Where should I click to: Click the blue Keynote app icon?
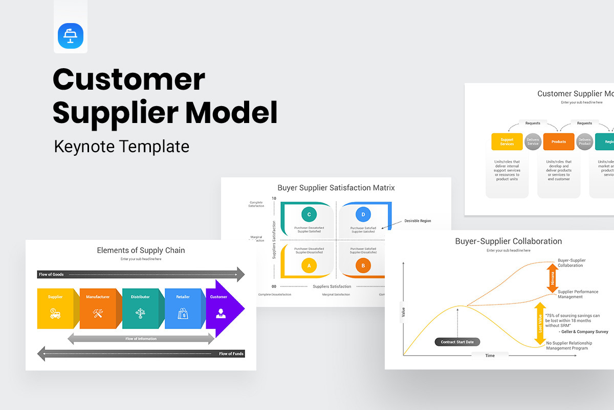[x=71, y=36]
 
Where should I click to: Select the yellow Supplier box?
[x=55, y=309]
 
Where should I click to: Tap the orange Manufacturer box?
[x=98, y=309]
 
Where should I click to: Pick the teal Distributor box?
[x=140, y=309]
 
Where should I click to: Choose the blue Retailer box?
[x=183, y=309]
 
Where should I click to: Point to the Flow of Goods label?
[x=51, y=275]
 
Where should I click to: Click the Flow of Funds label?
[x=231, y=354]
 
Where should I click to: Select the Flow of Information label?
[x=141, y=339]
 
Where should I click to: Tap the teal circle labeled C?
[x=309, y=214]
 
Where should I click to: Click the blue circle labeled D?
[x=363, y=214]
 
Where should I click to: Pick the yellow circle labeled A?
[x=309, y=265]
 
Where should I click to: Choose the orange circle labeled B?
[x=363, y=265]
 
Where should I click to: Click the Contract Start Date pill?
[x=457, y=342]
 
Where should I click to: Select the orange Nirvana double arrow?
[x=552, y=278]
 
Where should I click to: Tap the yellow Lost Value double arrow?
[x=539, y=323]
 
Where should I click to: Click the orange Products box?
[x=559, y=142]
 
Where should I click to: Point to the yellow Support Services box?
[x=507, y=142]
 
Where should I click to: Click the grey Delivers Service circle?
[x=533, y=142]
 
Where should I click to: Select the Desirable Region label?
[x=418, y=221]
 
